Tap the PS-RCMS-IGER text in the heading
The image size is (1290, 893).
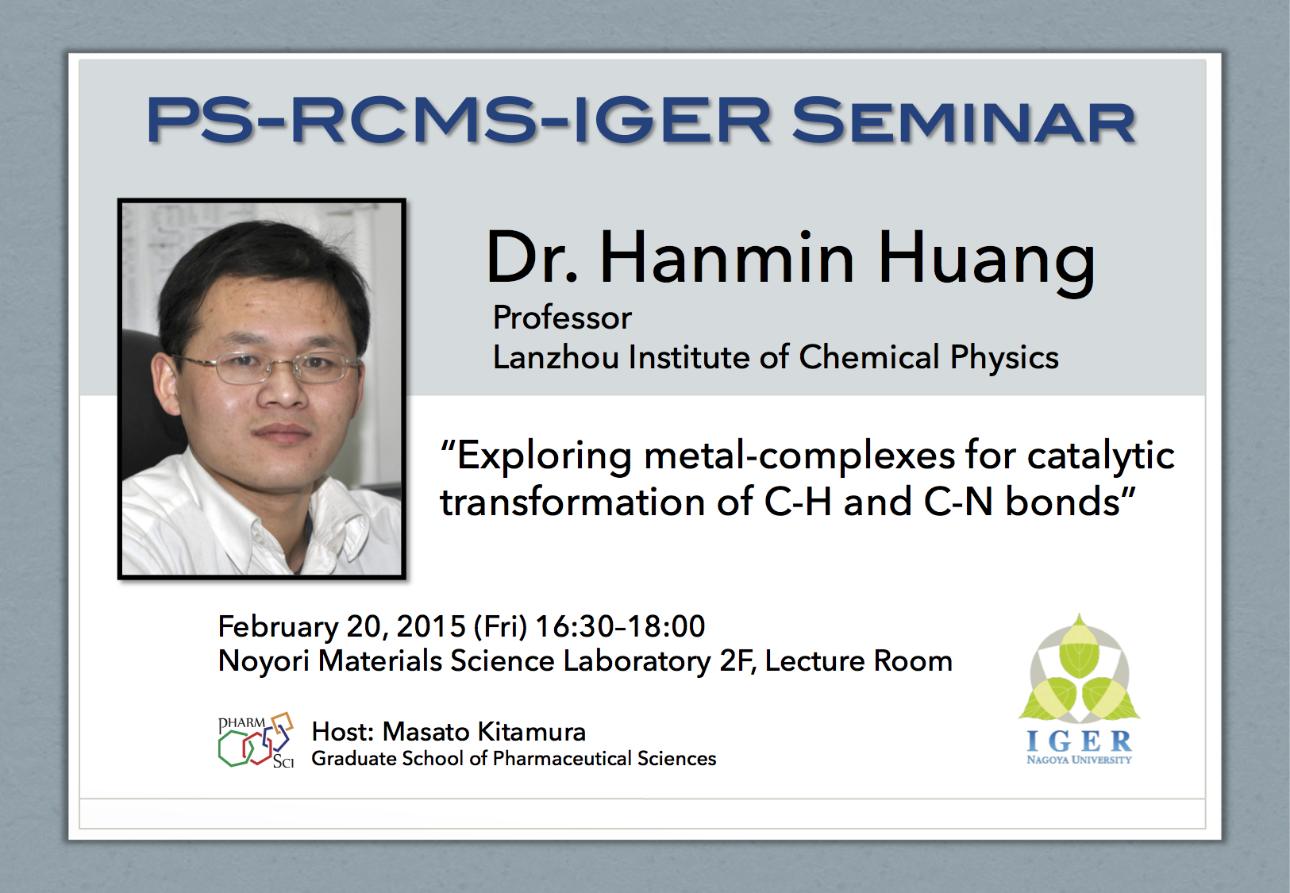pyautogui.click(x=459, y=121)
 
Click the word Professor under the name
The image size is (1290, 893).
pyautogui.click(x=562, y=318)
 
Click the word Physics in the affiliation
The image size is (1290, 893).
pyautogui.click(x=1004, y=358)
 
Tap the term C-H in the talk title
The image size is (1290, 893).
pyautogui.click(x=798, y=502)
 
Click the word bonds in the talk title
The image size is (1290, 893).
pyautogui.click(x=1062, y=501)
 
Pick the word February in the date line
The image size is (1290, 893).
pyautogui.click(x=278, y=627)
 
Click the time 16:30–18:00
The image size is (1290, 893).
pyautogui.click(x=620, y=626)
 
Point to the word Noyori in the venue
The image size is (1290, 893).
pyautogui.click(x=264, y=661)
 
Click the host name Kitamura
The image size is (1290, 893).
pyautogui.click(x=532, y=732)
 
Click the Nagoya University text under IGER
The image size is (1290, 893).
pyautogui.click(x=1079, y=760)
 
